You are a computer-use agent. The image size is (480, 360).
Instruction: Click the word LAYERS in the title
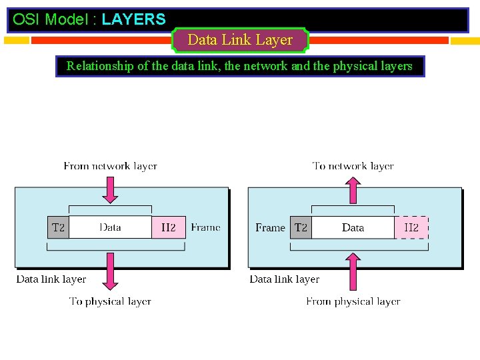[x=133, y=19]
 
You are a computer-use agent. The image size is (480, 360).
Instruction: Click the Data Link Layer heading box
[x=240, y=40]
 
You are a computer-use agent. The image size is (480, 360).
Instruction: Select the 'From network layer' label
[x=110, y=166]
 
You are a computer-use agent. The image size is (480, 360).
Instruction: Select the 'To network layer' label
[x=353, y=166]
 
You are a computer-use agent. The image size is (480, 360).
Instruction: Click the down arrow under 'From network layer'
[x=111, y=189]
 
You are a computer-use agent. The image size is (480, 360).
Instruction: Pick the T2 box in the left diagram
[x=58, y=227]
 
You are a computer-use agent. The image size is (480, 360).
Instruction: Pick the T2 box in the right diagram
[x=301, y=227]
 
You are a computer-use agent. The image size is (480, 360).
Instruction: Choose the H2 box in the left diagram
[x=168, y=227]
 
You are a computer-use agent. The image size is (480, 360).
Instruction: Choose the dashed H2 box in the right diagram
[x=411, y=227]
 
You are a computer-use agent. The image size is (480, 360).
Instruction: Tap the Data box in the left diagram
[x=110, y=227]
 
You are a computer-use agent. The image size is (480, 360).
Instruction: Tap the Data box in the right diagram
[x=353, y=227]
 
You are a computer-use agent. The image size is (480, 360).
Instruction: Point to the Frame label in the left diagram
[x=205, y=227]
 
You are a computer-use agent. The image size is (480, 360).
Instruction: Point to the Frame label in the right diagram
[x=270, y=227]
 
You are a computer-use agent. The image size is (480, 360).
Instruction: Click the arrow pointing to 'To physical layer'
[x=111, y=272]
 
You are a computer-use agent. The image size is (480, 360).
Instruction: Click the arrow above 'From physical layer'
[x=353, y=272]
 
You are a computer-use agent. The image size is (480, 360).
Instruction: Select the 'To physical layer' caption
[x=110, y=301]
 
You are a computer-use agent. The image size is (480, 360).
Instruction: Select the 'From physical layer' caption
[x=353, y=301]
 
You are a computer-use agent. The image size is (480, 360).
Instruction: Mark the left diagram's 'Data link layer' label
[x=51, y=279]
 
